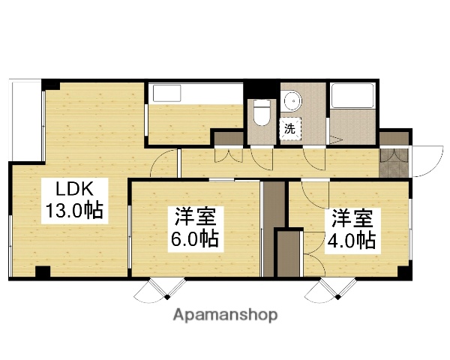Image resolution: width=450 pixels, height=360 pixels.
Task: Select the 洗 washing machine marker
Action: (289, 128)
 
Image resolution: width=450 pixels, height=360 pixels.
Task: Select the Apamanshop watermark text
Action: (226, 314)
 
